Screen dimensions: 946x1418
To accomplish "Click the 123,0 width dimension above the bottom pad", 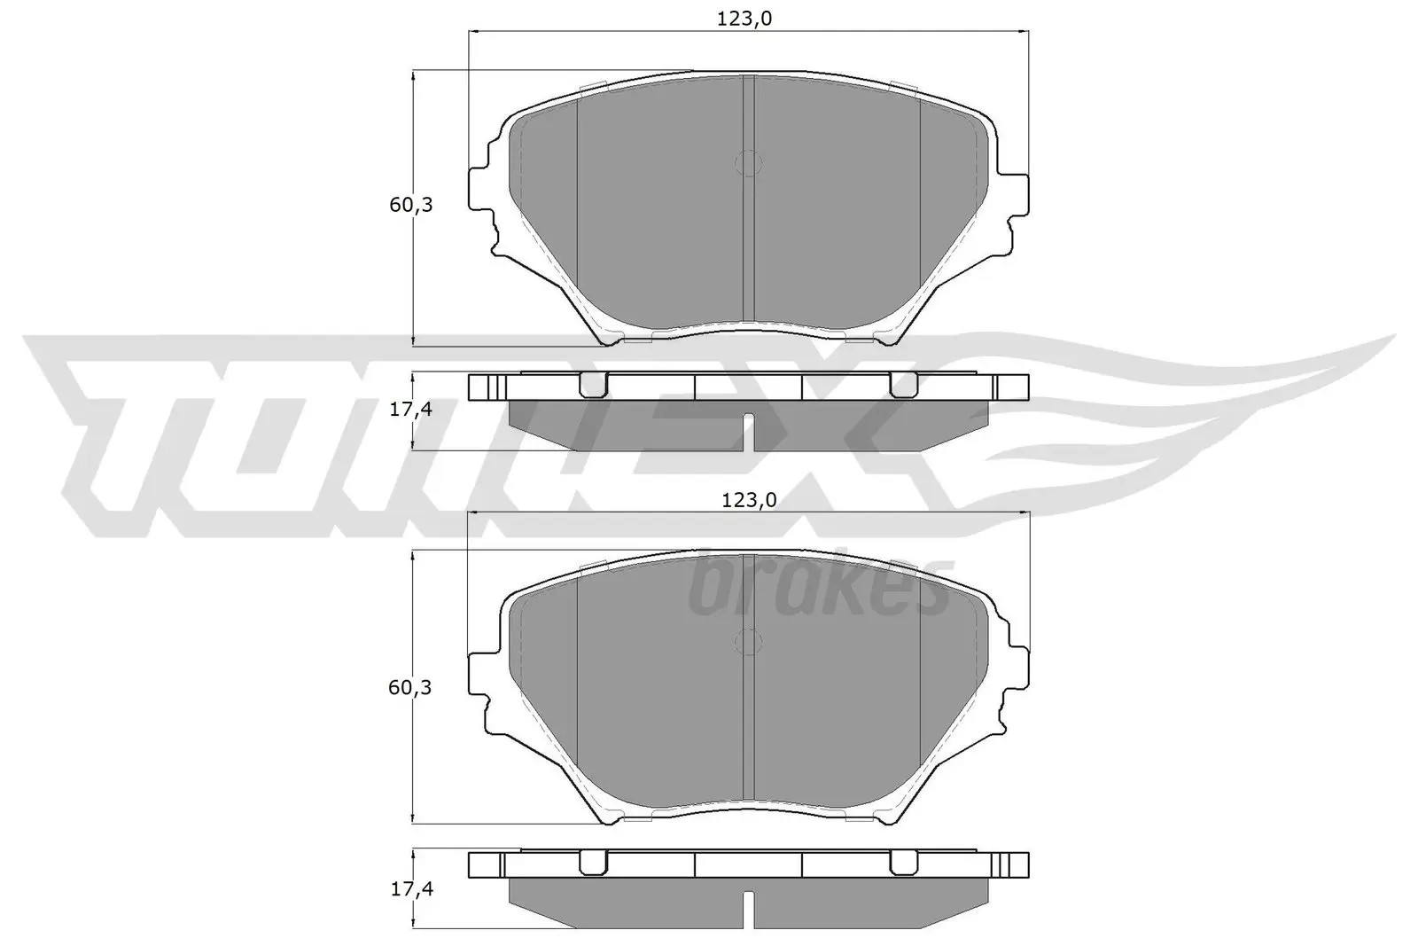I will (748, 500).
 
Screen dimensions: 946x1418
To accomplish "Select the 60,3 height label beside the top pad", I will (411, 205).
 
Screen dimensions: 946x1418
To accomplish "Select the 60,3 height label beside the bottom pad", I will (411, 687).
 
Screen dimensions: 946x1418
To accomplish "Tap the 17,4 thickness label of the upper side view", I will (411, 410).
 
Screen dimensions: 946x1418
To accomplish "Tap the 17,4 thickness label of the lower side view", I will (411, 889).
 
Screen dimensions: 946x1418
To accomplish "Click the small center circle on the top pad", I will (749, 162).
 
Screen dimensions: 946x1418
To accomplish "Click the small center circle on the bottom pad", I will (749, 642).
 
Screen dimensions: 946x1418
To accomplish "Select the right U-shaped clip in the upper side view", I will (903, 385).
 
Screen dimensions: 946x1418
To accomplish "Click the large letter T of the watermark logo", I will (133, 426).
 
